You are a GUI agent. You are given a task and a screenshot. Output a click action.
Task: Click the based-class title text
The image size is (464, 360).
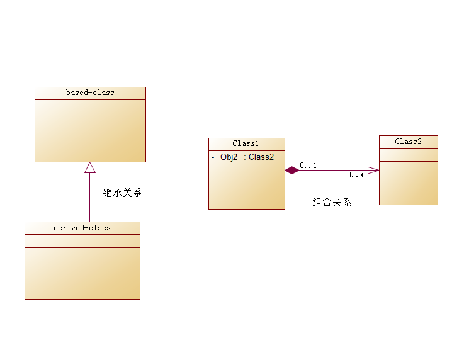pos(90,93)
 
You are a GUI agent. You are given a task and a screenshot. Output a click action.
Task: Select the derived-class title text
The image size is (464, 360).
pos(82,228)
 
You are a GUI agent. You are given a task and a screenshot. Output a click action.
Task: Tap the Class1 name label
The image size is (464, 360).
pos(246,144)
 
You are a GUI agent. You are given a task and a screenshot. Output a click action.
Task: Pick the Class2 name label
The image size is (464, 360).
pos(408,142)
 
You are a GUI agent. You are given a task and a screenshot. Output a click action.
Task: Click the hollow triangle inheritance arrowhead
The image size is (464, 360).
pos(90,167)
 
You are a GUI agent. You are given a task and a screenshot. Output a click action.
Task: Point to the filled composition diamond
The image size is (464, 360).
pos(291,170)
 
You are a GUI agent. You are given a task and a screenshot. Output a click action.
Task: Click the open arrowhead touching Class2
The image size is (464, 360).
pos(374,170)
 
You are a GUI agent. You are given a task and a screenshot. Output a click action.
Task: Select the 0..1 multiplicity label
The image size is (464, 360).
pos(308,166)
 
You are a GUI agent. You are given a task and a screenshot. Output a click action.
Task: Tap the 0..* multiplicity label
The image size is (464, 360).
pos(355,176)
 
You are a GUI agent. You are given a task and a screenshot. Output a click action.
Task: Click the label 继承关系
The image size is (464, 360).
pos(123,193)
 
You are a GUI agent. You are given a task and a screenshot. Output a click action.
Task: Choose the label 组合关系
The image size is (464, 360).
pos(332,202)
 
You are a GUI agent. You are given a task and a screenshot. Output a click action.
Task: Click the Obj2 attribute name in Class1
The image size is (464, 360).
pos(229,157)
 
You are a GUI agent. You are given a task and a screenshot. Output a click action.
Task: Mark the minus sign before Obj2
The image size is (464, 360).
pos(213,157)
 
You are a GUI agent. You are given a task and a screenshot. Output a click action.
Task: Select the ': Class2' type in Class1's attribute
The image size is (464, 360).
pos(259,157)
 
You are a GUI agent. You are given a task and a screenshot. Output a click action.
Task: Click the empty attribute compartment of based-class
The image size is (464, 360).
pos(90,106)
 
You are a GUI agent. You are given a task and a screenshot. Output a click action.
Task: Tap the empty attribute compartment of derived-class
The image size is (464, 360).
pos(82,241)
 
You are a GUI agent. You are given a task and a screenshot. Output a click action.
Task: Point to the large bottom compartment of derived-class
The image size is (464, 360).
pos(82,273)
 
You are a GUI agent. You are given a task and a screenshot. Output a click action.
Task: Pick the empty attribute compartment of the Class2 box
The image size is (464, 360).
pos(408,155)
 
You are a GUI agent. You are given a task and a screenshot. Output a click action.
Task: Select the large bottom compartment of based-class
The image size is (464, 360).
pos(90,137)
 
